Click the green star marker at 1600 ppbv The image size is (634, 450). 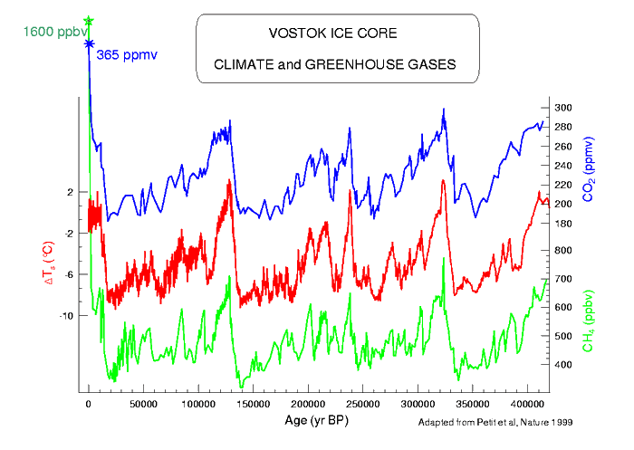tap(89, 20)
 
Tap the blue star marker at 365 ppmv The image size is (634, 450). tap(89, 43)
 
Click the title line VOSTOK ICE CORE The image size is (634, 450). tap(333, 34)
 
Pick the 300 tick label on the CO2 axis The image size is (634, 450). tap(563, 108)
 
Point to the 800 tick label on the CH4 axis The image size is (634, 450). tap(563, 250)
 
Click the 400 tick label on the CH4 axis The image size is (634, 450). tap(563, 365)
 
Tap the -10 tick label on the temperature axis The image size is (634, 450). tap(66, 315)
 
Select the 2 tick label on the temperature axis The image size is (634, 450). tap(71, 192)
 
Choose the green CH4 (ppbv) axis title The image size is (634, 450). tap(587, 321)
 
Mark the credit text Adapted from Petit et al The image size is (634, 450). tap(490, 423)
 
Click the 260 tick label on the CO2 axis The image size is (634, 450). tap(563, 147)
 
